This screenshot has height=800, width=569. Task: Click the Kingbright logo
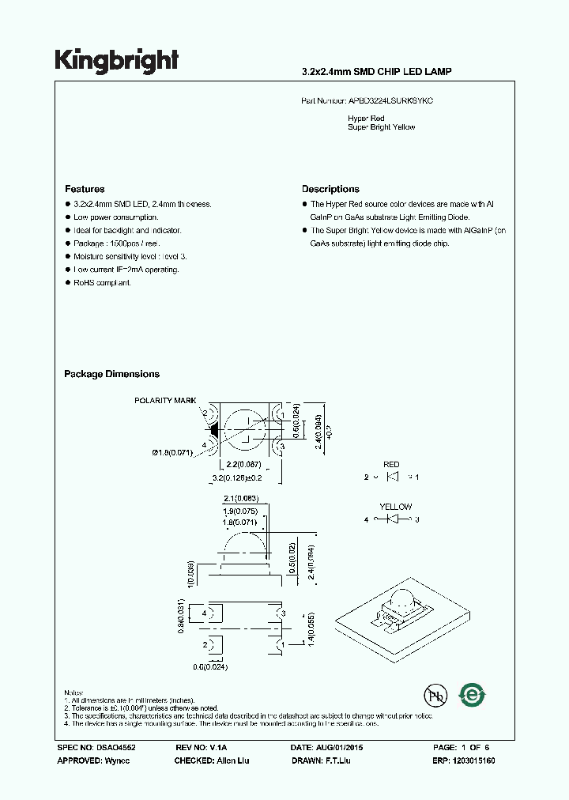(x=116, y=60)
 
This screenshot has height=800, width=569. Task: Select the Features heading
(x=85, y=189)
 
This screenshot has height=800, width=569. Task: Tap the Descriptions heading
(x=330, y=189)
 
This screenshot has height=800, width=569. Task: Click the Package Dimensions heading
(x=111, y=374)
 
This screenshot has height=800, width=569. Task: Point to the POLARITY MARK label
(x=164, y=401)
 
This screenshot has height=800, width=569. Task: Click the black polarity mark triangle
(x=213, y=428)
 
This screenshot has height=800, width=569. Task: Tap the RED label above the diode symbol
(x=391, y=465)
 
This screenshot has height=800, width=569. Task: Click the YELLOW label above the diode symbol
(x=395, y=507)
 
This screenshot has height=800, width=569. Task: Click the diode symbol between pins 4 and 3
(x=393, y=519)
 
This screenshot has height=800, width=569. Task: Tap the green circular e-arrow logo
(x=473, y=695)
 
